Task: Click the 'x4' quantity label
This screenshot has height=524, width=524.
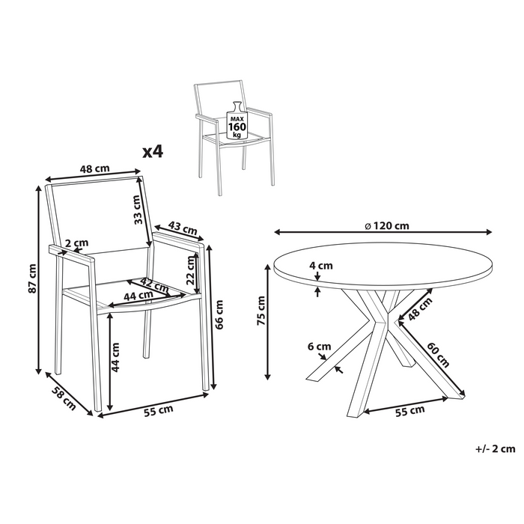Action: (x=152, y=152)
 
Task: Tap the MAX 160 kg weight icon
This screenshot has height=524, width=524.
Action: (x=237, y=123)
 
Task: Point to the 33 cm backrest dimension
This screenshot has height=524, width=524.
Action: (x=136, y=210)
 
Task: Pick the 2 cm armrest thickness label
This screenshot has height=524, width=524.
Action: (x=76, y=243)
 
